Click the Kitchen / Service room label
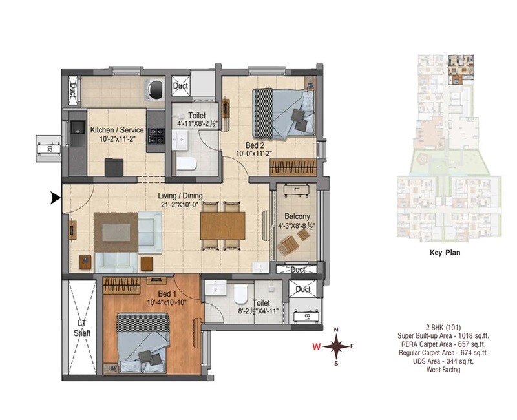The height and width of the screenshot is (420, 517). point(116,129)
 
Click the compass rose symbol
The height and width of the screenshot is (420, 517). point(336,346)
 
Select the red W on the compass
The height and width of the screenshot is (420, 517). point(317,347)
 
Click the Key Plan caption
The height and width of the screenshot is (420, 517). point(445,254)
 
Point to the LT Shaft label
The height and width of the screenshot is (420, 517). point(81,328)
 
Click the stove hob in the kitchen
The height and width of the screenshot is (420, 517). point(156,135)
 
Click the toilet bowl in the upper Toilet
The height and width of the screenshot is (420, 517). point(186,163)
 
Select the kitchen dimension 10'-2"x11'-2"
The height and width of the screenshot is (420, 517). point(116,138)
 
